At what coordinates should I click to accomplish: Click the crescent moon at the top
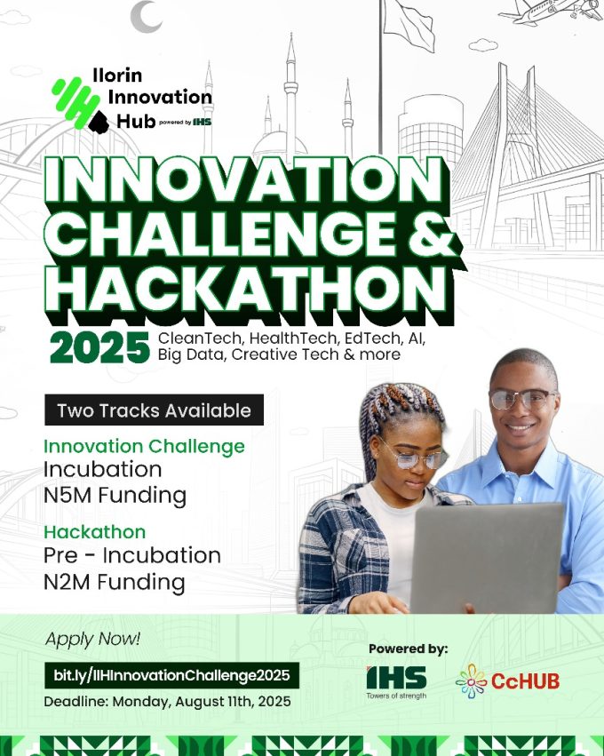coord(144,15)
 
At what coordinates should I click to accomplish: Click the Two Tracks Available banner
coord(154,410)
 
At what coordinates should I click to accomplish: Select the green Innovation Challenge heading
coord(144,446)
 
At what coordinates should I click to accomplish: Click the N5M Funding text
coord(115,495)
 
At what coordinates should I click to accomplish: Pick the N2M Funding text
coord(114,582)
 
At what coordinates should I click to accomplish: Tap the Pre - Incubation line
coord(131,556)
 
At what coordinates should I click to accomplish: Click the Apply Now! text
coord(91,638)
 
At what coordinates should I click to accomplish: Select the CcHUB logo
coord(507,681)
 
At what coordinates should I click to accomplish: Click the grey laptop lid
coord(487,558)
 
